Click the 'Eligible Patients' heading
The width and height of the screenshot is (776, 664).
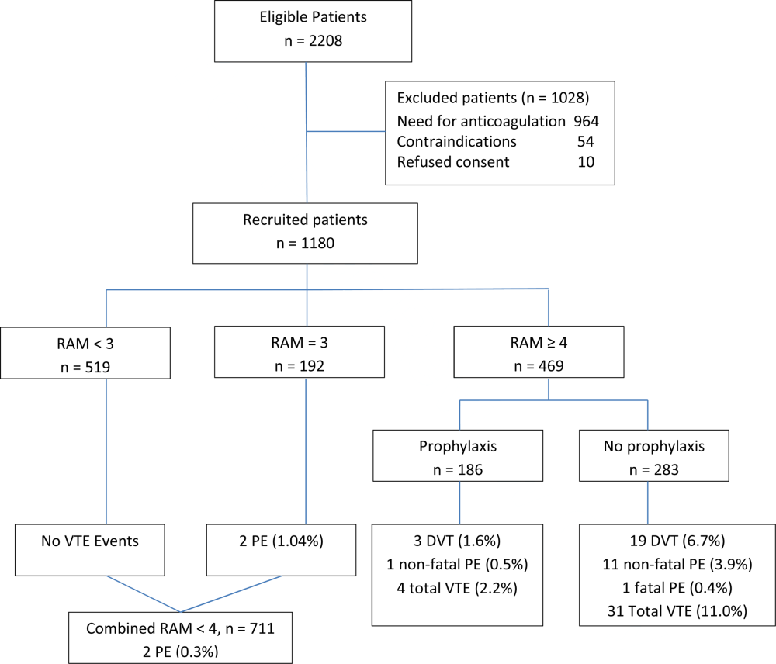tap(314, 17)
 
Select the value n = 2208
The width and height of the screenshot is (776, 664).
tap(314, 40)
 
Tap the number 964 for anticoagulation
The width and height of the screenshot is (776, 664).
tap(587, 121)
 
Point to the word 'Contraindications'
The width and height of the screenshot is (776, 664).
tap(457, 141)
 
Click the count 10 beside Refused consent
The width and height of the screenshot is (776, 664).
tap(586, 162)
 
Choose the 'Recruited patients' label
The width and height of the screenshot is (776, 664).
tap(305, 220)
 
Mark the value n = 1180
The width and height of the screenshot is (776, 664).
tap(305, 243)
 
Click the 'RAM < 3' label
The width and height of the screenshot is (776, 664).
tap(85, 344)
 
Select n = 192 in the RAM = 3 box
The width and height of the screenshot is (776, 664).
tap(300, 365)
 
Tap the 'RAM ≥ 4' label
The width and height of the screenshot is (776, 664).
tap(539, 342)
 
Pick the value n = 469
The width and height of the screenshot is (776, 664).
tap(539, 365)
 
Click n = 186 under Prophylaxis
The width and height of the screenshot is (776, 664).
tap(458, 469)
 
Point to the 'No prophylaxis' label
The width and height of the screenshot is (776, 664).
tap(654, 446)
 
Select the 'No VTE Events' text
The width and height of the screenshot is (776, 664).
tap(90, 541)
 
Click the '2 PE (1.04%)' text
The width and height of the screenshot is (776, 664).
tap(281, 541)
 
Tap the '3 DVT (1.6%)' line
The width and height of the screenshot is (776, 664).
tap(457, 541)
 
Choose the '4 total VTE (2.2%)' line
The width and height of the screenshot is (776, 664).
tap(457, 588)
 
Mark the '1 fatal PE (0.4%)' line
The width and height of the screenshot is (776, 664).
tap(677, 588)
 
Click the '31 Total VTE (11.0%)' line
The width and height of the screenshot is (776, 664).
tap(677, 611)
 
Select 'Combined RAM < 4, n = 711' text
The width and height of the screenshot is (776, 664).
tap(180, 628)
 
